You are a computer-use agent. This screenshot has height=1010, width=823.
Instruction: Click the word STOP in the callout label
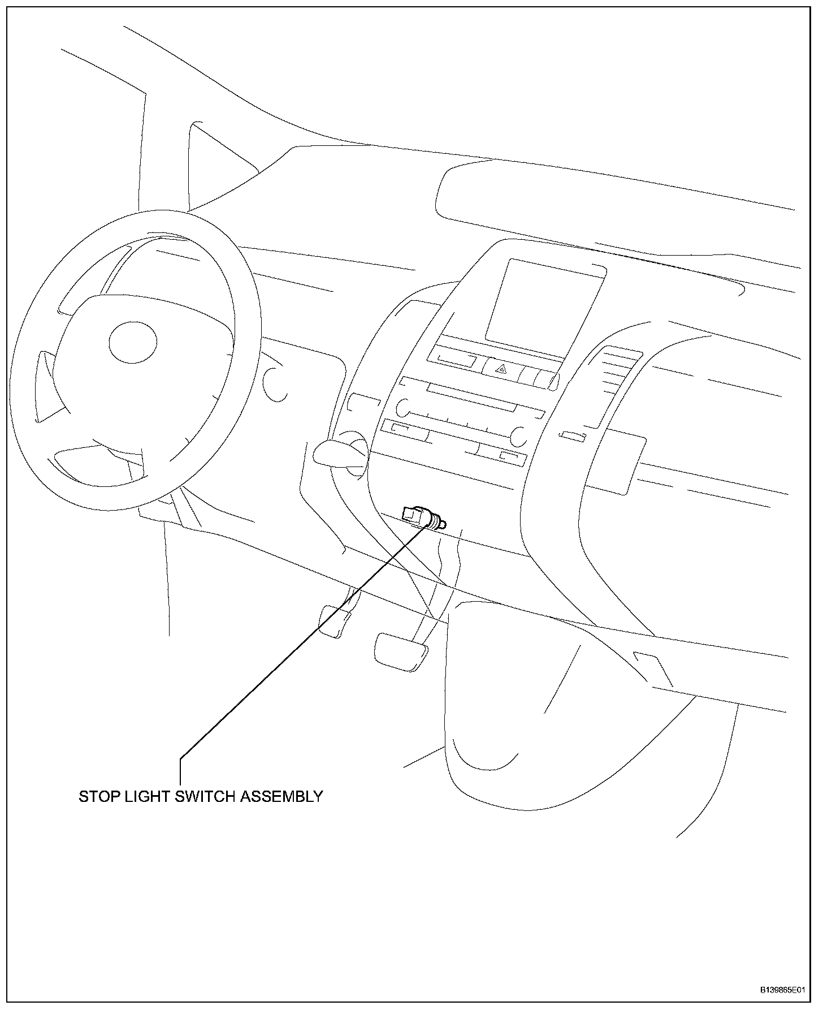(99, 797)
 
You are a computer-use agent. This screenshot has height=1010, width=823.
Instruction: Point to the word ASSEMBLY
(281, 797)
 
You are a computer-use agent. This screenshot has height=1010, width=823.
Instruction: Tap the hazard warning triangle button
(501, 370)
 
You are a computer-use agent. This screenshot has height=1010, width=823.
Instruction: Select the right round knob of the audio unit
(519, 435)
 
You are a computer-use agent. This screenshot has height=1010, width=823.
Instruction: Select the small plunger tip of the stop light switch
(443, 525)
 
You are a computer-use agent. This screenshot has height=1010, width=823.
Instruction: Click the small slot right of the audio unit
(573, 437)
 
